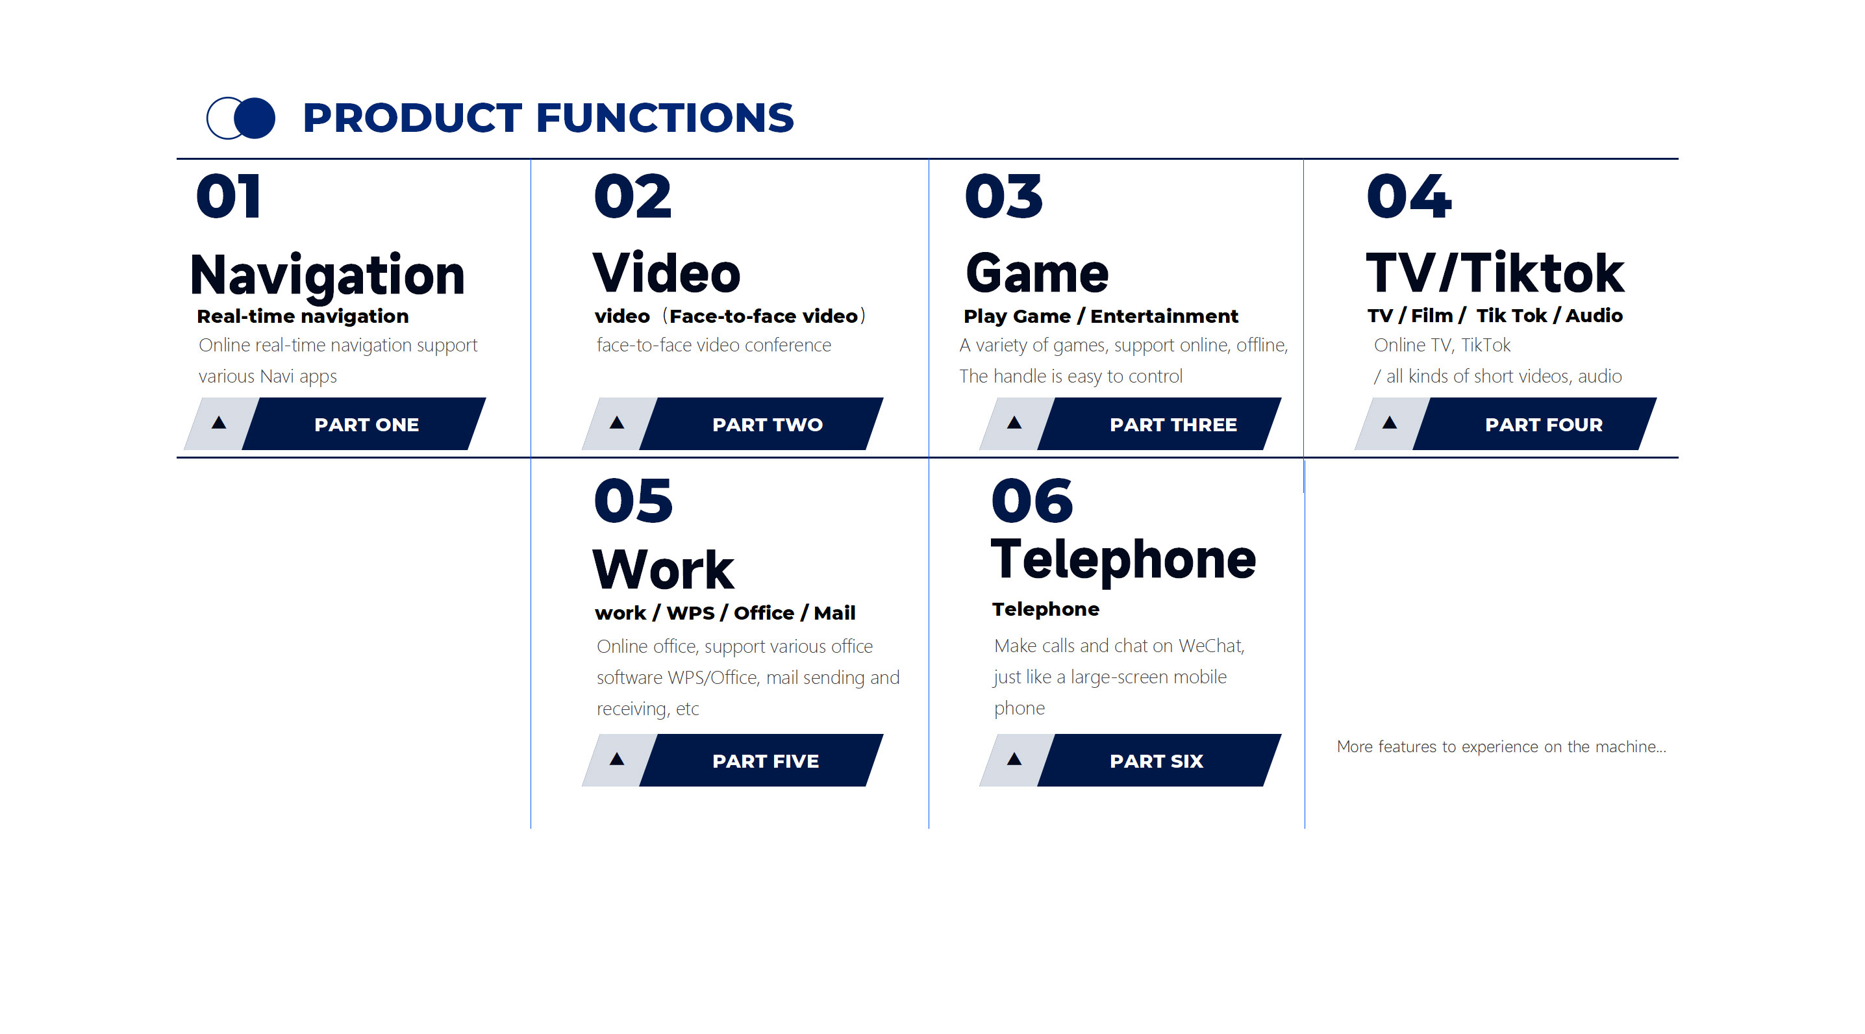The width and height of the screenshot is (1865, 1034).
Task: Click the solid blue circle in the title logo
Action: point(254,118)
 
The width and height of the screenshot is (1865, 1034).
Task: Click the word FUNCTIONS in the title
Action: point(664,118)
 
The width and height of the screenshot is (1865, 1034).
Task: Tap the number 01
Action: point(228,196)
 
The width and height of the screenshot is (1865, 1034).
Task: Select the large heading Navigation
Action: point(327,276)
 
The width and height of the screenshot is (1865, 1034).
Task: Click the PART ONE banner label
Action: point(366,425)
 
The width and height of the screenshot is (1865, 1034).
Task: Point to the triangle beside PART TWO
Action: point(617,423)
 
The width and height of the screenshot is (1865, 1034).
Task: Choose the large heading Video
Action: point(667,273)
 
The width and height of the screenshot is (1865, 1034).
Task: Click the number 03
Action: point(1003,196)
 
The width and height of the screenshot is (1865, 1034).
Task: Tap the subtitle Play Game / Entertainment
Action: point(1101,316)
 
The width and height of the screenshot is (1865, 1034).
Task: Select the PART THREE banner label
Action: point(1173,425)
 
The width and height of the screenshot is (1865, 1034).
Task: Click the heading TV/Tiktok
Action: point(1495,273)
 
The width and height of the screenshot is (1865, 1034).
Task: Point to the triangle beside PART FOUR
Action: point(1390,423)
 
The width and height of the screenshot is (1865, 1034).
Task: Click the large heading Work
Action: point(663,570)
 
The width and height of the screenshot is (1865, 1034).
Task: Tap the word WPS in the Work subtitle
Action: point(690,613)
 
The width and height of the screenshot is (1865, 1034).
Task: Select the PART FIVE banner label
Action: point(765,761)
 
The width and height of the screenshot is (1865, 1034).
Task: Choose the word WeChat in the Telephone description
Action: point(1211,646)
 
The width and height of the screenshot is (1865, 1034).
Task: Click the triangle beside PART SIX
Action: point(1014,759)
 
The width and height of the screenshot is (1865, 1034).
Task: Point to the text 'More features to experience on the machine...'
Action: point(1501,746)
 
